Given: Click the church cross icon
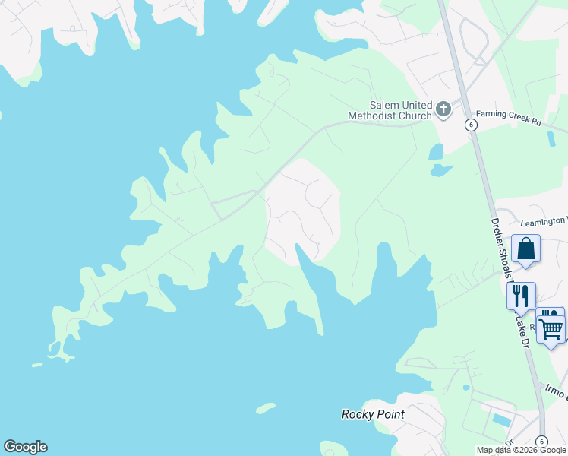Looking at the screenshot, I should [443, 110].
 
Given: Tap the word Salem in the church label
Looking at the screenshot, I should [384, 106].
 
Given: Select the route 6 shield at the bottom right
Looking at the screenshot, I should [541, 442].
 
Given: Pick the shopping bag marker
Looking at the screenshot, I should [525, 249].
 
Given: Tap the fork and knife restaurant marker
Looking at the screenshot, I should [521, 295].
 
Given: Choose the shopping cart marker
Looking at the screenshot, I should [551, 329].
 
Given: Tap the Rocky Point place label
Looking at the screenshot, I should [373, 414].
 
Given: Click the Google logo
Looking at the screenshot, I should [25, 447].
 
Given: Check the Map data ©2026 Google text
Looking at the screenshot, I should [521, 450].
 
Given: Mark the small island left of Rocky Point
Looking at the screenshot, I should [265, 409].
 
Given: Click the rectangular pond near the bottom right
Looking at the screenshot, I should [501, 419].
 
